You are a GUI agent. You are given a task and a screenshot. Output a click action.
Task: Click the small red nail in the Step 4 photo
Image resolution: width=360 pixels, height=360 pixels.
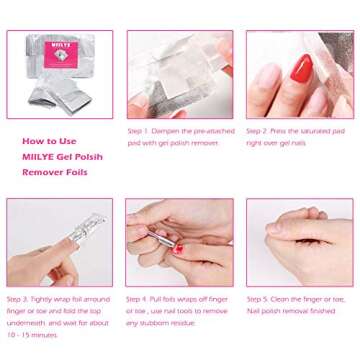178,249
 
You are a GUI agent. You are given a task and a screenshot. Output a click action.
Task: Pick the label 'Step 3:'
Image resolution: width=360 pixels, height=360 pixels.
18,299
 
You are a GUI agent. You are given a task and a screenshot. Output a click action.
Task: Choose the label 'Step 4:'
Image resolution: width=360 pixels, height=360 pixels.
138,299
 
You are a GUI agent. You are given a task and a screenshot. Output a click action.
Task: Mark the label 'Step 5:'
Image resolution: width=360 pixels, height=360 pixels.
258,299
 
